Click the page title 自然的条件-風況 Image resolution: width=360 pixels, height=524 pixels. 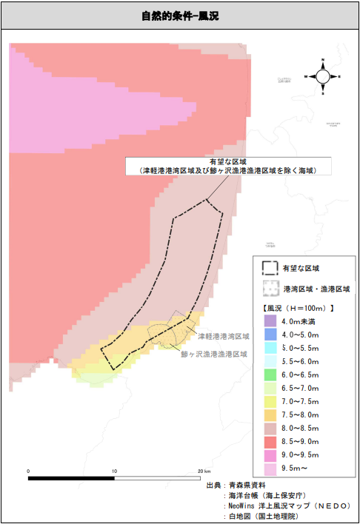click(x=180, y=16)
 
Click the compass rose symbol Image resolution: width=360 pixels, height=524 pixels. click(x=323, y=75)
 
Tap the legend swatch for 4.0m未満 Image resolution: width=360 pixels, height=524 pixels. click(x=270, y=321)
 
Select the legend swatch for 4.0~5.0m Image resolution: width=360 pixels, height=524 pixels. click(x=270, y=335)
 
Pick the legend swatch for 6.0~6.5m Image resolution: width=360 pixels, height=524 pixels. click(x=270, y=375)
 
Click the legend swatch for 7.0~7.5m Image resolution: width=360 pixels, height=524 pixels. click(x=270, y=402)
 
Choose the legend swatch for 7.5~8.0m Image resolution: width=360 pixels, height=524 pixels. click(x=270, y=415)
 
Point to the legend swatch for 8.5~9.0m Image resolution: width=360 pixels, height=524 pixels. click(x=270, y=443)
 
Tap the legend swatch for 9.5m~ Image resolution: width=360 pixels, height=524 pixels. click(x=270, y=469)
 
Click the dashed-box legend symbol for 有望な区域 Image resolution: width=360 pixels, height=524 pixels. click(x=270, y=268)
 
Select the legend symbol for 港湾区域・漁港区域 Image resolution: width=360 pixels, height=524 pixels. click(x=270, y=288)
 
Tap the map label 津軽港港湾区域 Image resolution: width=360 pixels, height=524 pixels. click(x=223, y=336)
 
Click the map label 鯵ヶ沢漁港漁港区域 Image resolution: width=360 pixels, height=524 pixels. click(x=214, y=354)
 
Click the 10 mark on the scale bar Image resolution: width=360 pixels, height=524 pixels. click(x=114, y=471)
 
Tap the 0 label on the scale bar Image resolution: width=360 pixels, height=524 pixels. click(x=28, y=471)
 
